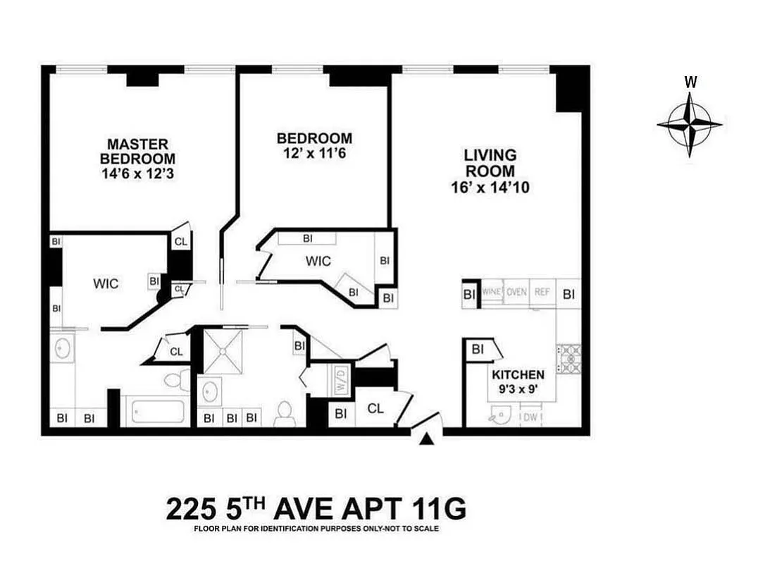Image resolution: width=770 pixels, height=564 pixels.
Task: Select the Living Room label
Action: (x=489, y=163)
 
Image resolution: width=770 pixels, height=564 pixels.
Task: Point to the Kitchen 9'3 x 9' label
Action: (x=518, y=381)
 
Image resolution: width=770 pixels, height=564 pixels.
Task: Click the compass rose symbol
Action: (x=690, y=125)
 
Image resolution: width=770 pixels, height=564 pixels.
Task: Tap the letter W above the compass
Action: (x=690, y=82)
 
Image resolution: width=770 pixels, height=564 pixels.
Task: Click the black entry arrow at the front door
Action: (x=426, y=439)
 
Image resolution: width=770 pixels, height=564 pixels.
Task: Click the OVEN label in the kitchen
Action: (x=516, y=292)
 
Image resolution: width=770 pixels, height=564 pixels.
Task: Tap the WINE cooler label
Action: (x=492, y=292)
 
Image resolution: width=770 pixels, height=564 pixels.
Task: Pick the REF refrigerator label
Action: (x=542, y=292)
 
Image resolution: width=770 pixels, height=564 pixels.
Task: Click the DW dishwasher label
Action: (x=531, y=418)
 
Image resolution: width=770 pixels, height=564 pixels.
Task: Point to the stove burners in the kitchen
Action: (x=569, y=358)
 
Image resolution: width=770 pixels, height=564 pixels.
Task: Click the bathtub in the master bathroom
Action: (x=155, y=411)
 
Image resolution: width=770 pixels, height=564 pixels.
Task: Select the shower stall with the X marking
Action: (x=223, y=350)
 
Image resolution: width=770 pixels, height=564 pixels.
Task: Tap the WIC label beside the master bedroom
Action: (x=106, y=284)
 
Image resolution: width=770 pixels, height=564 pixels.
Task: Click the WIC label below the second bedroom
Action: (x=318, y=262)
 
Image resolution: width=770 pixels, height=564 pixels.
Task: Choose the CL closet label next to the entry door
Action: (x=375, y=408)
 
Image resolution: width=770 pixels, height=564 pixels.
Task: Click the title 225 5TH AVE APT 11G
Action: (x=316, y=508)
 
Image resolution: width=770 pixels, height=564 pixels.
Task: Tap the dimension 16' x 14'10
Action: (x=489, y=188)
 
